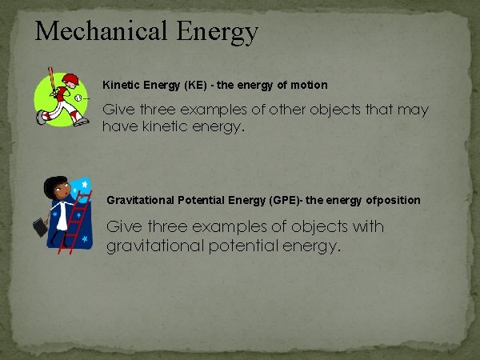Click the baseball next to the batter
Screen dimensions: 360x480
click(79, 98)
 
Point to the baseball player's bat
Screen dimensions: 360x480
click(51, 80)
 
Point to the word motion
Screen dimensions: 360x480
click(309, 84)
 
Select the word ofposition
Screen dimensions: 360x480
click(391, 199)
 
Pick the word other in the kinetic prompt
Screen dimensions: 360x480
click(278, 110)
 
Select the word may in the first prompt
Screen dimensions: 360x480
click(413, 110)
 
